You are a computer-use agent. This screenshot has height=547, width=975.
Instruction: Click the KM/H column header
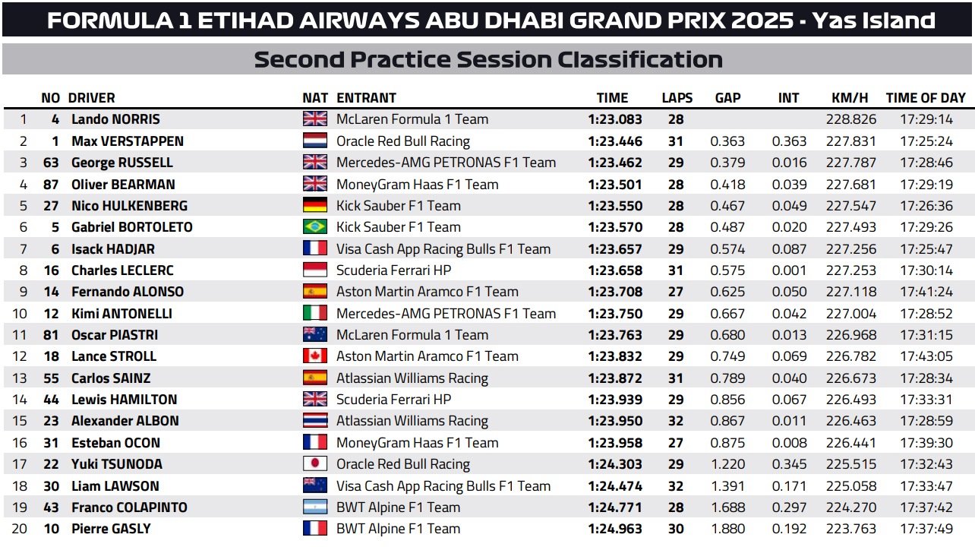(x=850, y=98)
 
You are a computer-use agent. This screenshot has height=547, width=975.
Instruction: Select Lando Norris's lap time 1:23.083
(x=615, y=119)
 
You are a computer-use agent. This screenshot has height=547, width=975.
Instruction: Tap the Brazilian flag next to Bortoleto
(x=315, y=227)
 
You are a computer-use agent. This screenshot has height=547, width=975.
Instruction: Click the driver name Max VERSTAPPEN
(x=128, y=141)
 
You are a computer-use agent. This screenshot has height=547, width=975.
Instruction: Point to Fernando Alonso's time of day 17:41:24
(x=926, y=292)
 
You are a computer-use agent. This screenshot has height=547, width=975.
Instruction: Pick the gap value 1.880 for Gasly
(x=726, y=529)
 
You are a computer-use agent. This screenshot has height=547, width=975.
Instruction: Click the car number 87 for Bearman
(x=51, y=185)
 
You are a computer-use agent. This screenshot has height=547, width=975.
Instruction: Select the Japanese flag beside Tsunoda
(x=315, y=464)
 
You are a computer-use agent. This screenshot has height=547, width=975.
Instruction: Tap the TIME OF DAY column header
(x=926, y=98)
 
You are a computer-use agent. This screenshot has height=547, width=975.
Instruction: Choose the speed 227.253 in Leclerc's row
(x=850, y=270)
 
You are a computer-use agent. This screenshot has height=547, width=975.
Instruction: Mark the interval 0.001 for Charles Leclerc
(x=789, y=270)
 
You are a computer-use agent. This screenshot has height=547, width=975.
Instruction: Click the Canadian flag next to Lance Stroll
(x=315, y=356)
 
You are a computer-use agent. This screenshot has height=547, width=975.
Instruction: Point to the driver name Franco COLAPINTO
(x=129, y=507)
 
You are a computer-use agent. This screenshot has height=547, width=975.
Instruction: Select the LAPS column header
(x=677, y=98)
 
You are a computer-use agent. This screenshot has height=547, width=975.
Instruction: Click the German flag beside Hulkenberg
(x=315, y=206)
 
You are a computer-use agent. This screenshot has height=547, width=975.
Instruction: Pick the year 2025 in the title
(x=762, y=20)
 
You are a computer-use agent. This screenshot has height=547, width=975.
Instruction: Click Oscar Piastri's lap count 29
(x=676, y=335)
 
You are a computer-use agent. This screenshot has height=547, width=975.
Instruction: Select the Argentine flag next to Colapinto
(x=315, y=507)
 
